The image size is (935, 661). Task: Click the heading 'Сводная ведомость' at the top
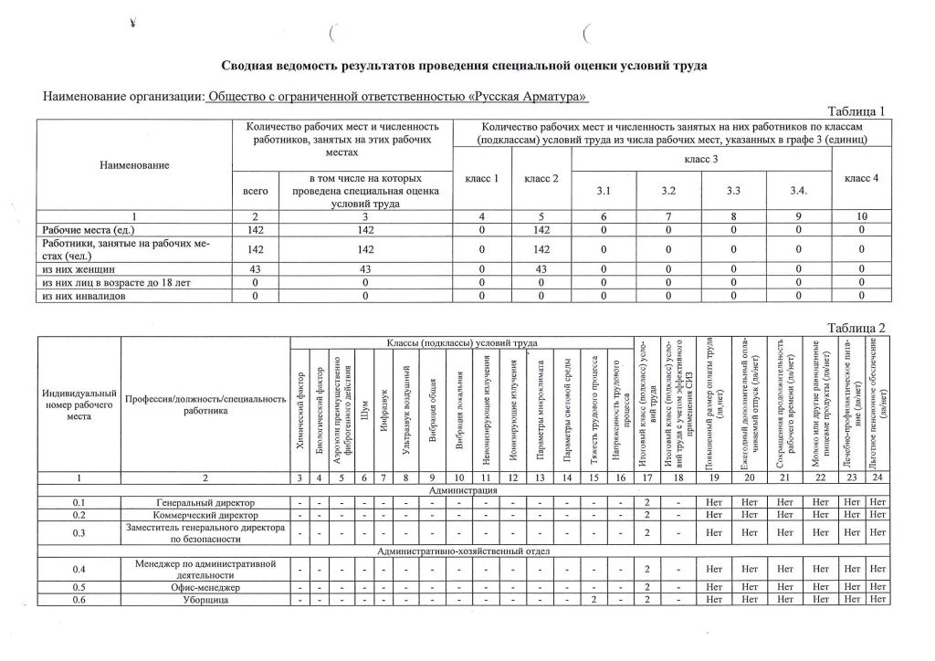(x=465, y=66)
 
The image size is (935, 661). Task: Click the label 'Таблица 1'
(x=856, y=111)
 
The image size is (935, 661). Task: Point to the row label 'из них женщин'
(x=77, y=269)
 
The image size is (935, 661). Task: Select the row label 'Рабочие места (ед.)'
(x=87, y=230)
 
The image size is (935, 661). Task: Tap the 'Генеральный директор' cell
(x=205, y=502)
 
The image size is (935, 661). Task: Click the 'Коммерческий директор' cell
(x=205, y=515)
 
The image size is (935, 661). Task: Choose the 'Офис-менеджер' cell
(x=205, y=586)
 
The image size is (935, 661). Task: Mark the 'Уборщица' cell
(x=205, y=599)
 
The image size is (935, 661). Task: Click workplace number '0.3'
(x=79, y=533)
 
